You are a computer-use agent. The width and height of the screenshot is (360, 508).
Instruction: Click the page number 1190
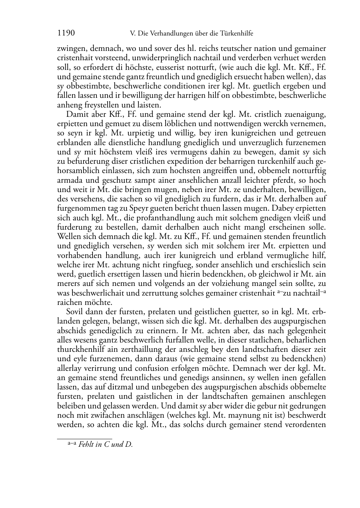[x=66, y=33]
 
